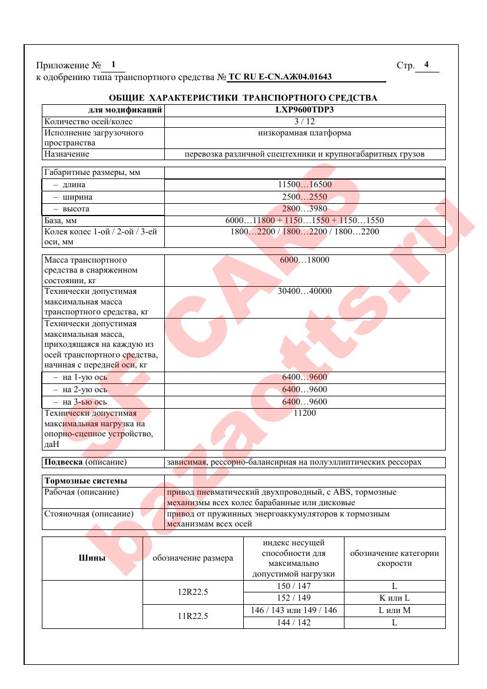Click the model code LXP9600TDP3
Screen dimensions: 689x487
(304, 110)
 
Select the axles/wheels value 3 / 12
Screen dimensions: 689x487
(304, 122)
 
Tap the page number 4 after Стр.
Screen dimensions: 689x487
(426, 65)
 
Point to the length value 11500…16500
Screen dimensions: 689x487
(304, 185)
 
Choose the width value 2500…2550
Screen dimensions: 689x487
(304, 197)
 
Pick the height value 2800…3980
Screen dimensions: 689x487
(304, 209)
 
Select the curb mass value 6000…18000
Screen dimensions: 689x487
(304, 260)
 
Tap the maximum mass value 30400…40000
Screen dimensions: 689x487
(304, 291)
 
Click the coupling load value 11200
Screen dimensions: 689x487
(304, 413)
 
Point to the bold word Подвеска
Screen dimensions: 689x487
(64, 462)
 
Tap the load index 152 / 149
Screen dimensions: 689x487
(293, 598)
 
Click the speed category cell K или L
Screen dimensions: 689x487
(394, 598)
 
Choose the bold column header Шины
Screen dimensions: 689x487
(92, 558)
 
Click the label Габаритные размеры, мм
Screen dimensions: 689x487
(87, 173)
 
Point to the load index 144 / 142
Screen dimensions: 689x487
(293, 622)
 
